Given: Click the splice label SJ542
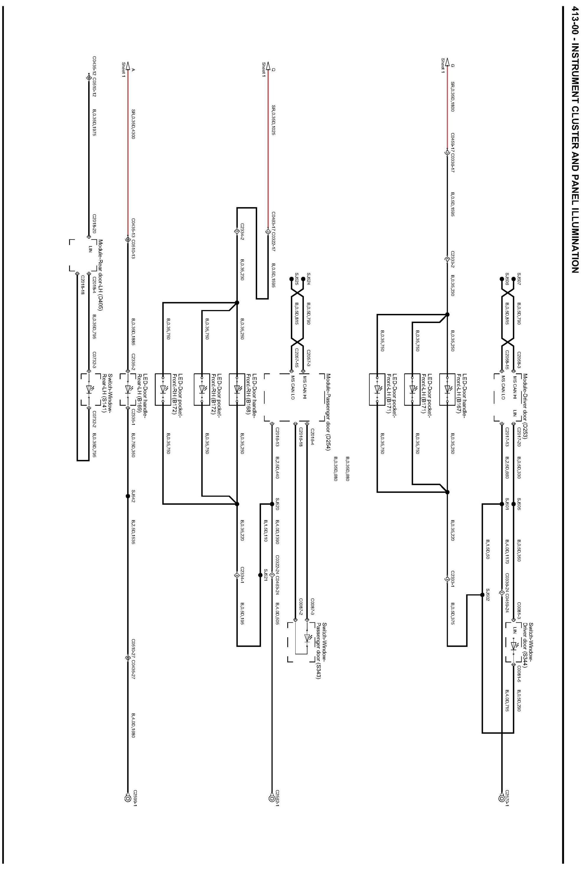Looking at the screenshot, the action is pyautogui.click(x=133, y=496).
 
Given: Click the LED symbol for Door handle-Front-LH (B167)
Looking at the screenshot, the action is pyautogui.click(x=447, y=389).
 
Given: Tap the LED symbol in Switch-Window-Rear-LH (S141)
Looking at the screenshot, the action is pyautogui.click(x=88, y=389).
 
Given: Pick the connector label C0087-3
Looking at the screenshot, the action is pyautogui.click(x=313, y=607).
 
